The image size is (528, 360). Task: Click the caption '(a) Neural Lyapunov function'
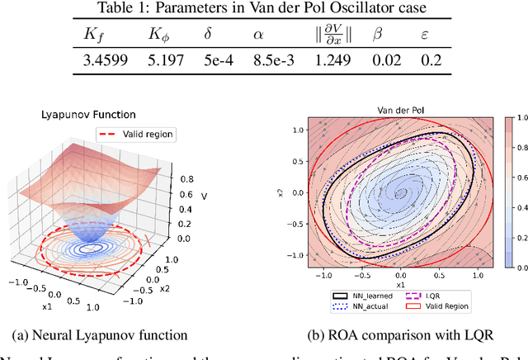pos(101,334)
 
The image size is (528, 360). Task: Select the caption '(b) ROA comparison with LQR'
pos(400,334)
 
